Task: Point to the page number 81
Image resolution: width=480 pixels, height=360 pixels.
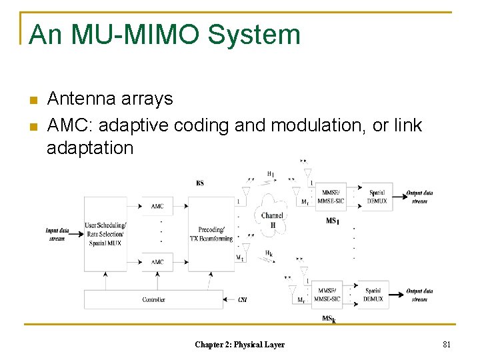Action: [447, 345]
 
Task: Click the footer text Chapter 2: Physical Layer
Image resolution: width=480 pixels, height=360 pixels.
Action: [239, 345]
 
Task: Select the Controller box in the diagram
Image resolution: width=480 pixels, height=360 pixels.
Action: [154, 300]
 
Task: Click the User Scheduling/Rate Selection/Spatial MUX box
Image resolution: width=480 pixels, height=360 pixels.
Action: [105, 233]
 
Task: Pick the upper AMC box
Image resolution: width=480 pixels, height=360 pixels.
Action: [157, 206]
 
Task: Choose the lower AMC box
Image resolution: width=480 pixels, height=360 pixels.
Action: [157, 262]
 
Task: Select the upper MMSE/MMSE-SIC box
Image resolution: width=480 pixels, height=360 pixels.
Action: [331, 197]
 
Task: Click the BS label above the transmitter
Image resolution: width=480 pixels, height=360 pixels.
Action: [201, 183]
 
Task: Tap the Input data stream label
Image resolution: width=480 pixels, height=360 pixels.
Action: [57, 234]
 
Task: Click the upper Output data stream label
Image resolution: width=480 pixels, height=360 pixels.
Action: [420, 197]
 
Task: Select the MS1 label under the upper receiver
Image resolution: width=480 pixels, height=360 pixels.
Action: [331, 221]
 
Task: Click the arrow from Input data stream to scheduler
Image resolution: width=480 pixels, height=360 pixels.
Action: [76, 234]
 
